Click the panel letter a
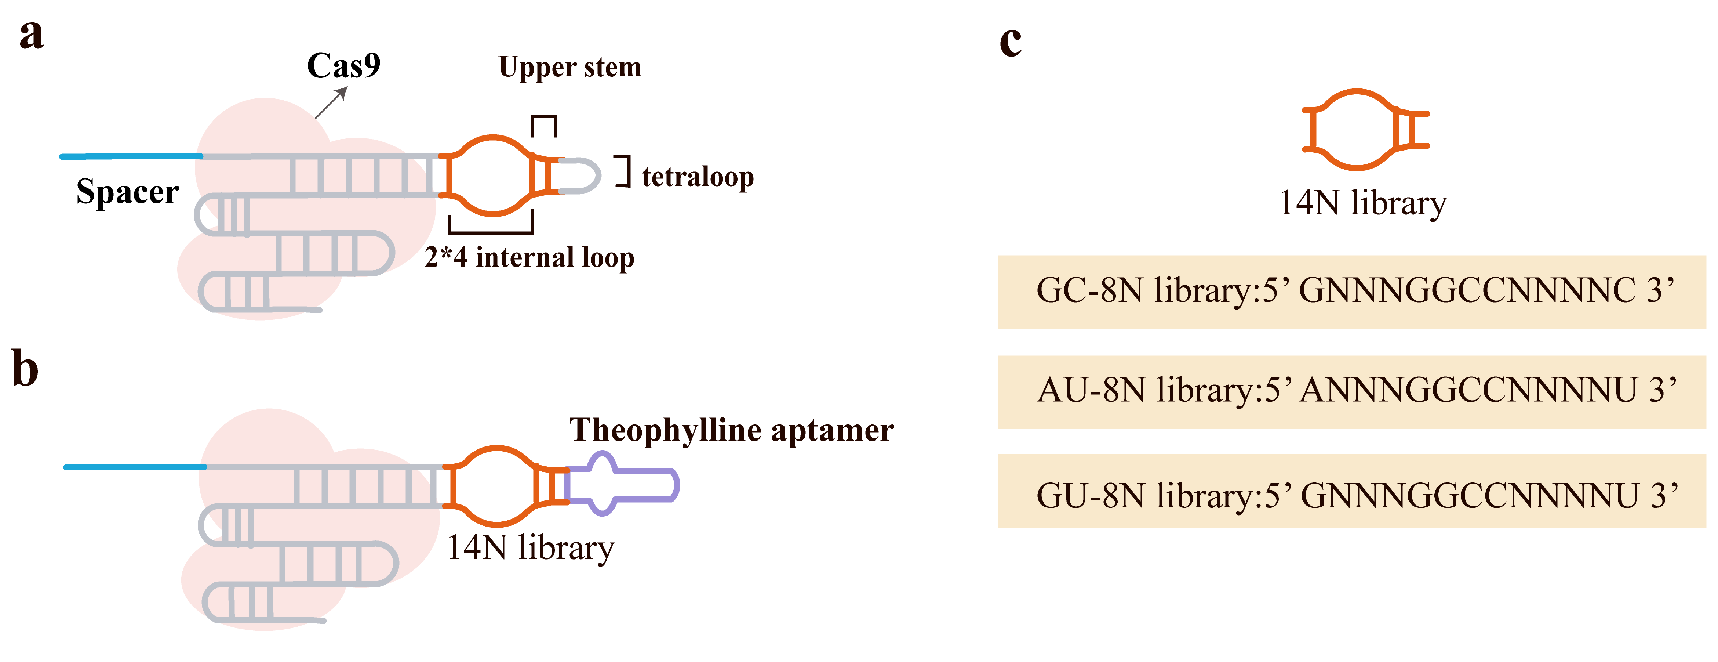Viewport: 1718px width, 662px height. tap(31, 35)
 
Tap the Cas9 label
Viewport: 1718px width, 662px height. tap(343, 65)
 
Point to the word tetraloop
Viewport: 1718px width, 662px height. tap(698, 177)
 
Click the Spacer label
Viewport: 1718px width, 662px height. tap(127, 192)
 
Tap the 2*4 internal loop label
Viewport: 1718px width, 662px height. tap(529, 258)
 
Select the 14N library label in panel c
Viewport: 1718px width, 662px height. tap(1362, 203)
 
